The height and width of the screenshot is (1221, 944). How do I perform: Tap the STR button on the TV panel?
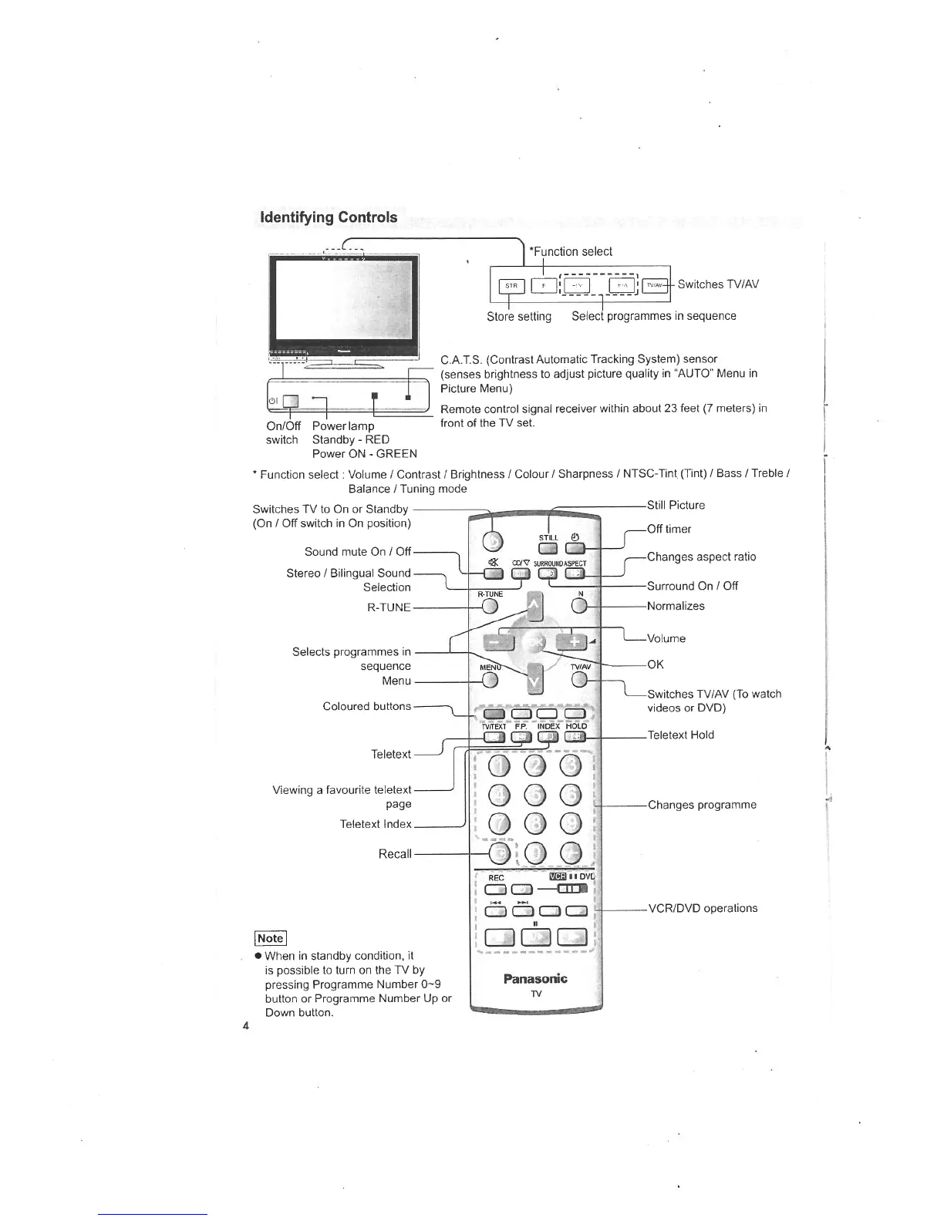511,286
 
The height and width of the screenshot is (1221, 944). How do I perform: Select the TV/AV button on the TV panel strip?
655,285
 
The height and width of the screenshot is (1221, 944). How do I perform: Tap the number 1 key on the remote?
502,765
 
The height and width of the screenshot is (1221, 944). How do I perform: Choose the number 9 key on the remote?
571,824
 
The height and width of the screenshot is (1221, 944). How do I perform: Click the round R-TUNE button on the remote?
490,607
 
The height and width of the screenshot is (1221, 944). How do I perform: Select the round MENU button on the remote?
490,680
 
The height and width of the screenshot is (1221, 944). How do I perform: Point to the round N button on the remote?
581,607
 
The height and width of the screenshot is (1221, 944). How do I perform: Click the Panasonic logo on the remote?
535,979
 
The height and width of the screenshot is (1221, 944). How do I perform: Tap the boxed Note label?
271,938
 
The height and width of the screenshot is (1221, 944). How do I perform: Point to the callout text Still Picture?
676,506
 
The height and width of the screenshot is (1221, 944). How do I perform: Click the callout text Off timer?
669,529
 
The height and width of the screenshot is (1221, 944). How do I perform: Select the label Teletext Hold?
680,735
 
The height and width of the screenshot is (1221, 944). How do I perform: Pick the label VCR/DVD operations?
703,908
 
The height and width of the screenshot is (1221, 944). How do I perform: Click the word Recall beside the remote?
394,854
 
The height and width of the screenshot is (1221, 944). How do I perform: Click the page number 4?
245,1025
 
